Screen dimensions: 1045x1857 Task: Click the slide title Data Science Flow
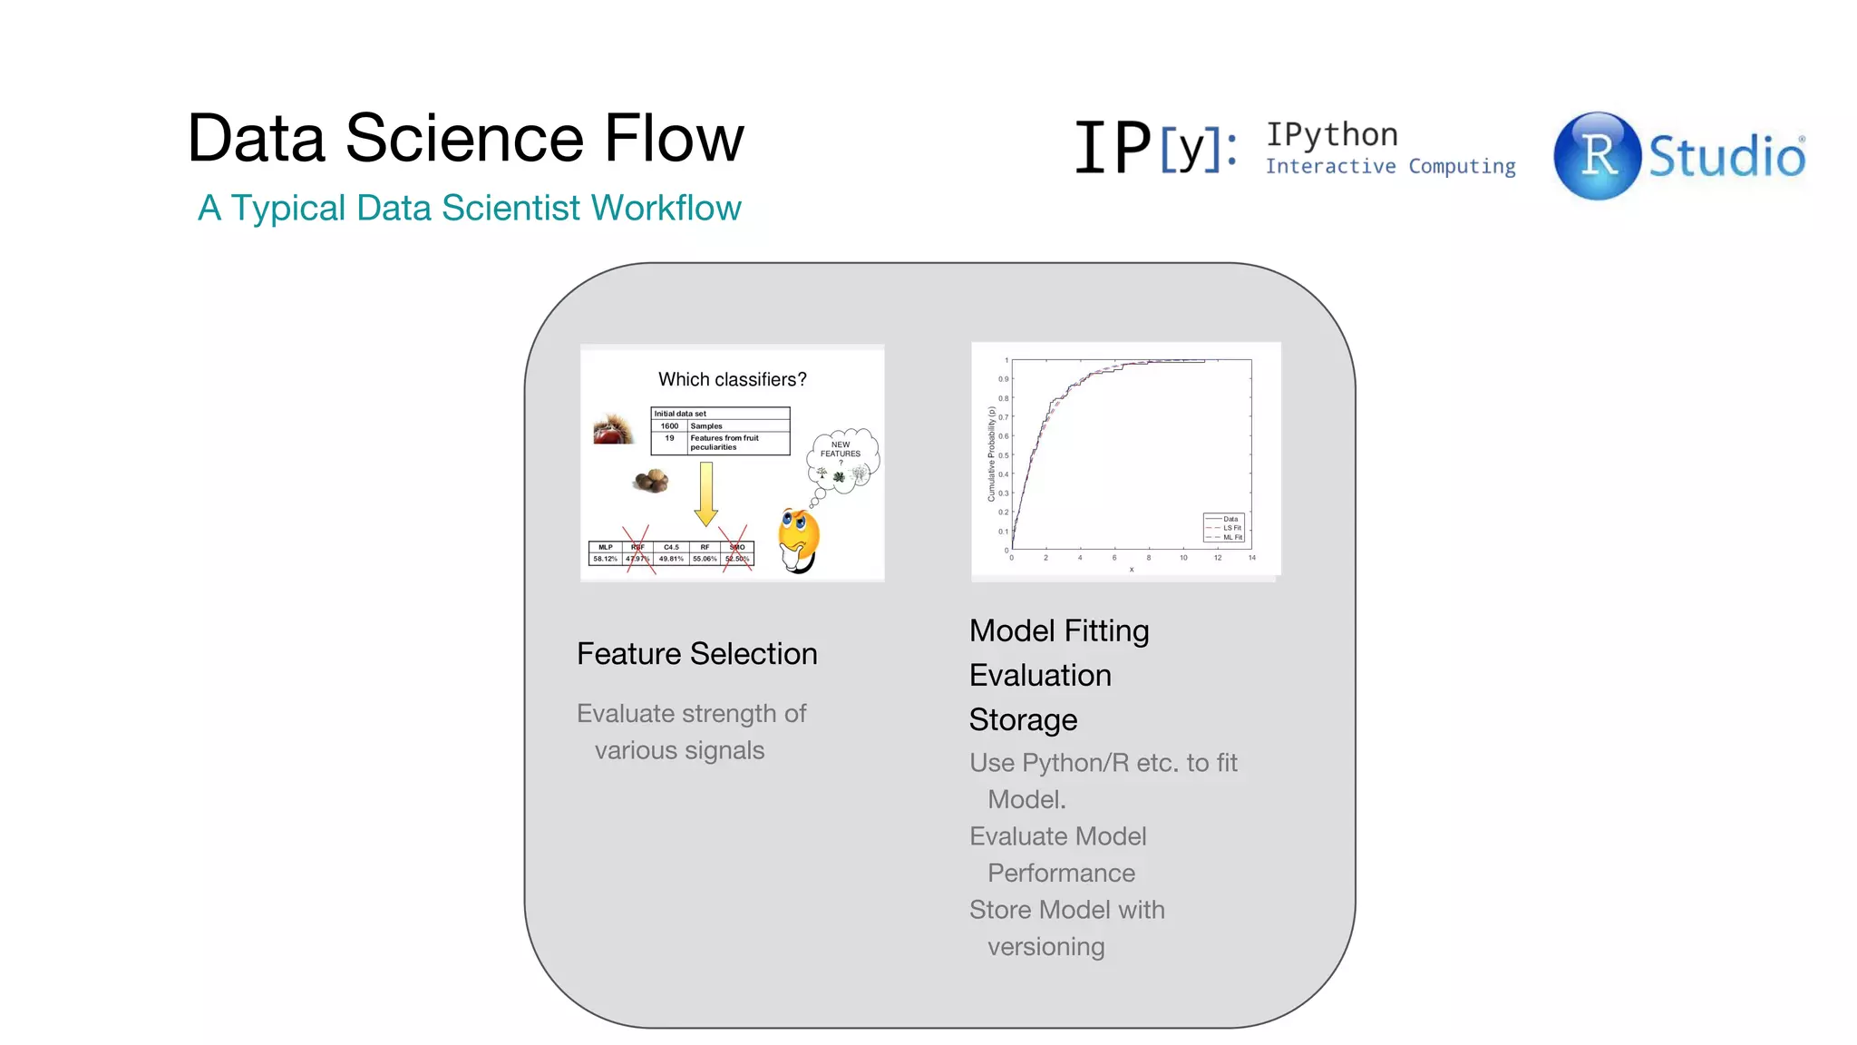tap(465, 139)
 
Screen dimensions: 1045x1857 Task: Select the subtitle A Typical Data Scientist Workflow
tap(469, 208)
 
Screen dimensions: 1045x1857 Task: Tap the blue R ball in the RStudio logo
tap(1597, 155)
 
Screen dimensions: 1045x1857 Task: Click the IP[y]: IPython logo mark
tap(1155, 147)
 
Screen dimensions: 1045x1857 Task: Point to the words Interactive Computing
tap(1390, 167)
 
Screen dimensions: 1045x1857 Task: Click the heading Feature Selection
tap(696, 654)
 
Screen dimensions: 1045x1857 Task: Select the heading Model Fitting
tap(1058, 631)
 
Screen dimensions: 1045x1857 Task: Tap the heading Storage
tap(1023, 720)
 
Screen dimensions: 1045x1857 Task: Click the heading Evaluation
tap(1039, 676)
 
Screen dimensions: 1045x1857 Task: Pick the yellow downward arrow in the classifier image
tap(705, 493)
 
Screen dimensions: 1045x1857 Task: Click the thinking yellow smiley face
tap(799, 539)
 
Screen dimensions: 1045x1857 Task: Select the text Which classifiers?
tap(732, 380)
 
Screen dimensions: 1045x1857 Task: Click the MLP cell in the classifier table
tap(605, 547)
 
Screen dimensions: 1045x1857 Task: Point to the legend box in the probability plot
tap(1225, 528)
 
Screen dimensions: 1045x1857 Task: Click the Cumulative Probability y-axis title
tap(992, 454)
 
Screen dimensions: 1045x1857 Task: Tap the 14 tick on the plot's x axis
tap(1251, 558)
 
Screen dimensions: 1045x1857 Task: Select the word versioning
tap(1045, 947)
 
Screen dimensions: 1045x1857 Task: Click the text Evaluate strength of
tap(691, 714)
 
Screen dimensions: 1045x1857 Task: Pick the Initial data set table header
tap(680, 414)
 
